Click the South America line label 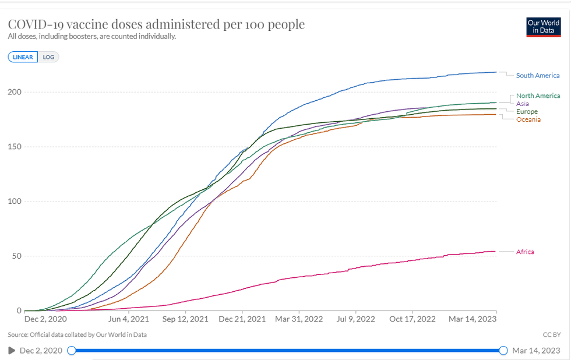[x=537, y=75]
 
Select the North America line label [x=538, y=96]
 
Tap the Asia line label [x=523, y=103]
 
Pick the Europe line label [x=527, y=111]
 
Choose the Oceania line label [x=528, y=119]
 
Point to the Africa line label [x=524, y=252]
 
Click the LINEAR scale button [x=23, y=57]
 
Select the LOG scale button [x=48, y=57]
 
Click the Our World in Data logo [x=542, y=26]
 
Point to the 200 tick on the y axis [x=14, y=92]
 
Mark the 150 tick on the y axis [x=14, y=147]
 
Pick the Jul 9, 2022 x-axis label [x=356, y=319]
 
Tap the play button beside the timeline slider [x=11, y=350]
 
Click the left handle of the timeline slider [x=71, y=350]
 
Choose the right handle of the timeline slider [x=503, y=350]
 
